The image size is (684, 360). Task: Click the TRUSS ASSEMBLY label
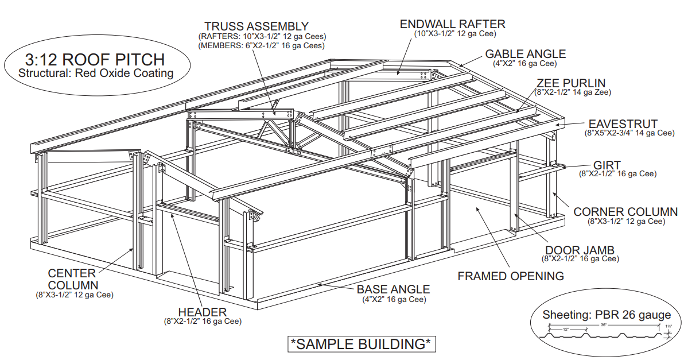[x=256, y=26]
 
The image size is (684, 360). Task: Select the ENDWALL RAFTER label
[x=453, y=24]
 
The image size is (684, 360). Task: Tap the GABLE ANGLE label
[x=525, y=54]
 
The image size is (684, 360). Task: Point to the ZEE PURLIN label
[x=571, y=83]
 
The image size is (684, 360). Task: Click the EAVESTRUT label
[x=623, y=124]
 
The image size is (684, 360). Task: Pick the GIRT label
[x=607, y=165]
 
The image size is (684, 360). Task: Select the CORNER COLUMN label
[x=625, y=212]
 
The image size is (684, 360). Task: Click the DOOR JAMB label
[x=580, y=250]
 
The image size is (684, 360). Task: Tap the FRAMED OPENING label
[x=511, y=276]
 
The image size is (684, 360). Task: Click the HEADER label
[x=203, y=312]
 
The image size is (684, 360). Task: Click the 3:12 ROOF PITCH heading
[x=95, y=59]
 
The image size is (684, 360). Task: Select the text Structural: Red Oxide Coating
[x=96, y=73]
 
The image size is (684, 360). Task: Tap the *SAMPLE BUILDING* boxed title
[x=361, y=344]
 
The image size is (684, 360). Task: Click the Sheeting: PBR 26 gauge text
[x=607, y=315]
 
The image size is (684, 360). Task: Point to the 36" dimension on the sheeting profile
[x=603, y=324]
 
